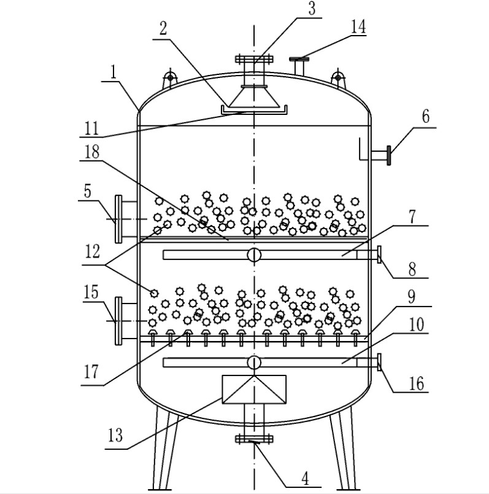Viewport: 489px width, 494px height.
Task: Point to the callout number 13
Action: click(115, 437)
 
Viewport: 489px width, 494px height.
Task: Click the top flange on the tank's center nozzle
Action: click(253, 60)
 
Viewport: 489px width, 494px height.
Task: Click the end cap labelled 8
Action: click(380, 254)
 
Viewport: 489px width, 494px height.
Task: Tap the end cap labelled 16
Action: click(380, 363)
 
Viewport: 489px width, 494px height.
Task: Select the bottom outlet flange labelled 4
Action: click(253, 438)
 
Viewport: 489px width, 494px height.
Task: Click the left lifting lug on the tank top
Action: click(169, 78)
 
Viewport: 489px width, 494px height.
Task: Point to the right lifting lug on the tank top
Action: click(336, 78)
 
